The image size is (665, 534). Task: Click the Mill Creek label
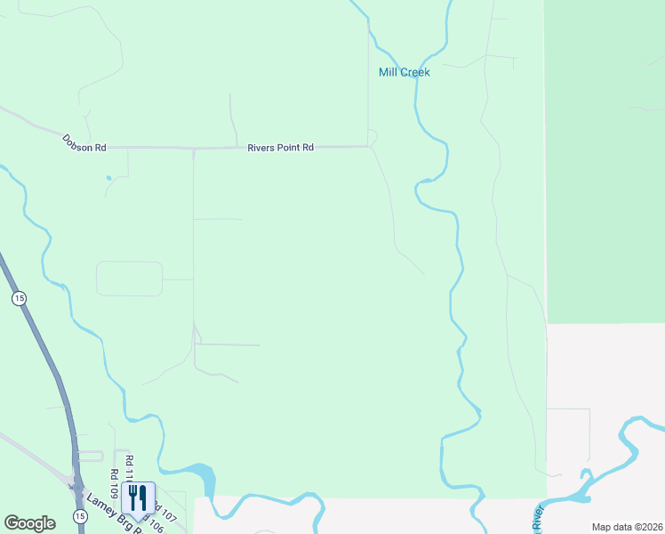point(404,72)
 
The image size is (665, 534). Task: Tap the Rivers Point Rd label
point(280,148)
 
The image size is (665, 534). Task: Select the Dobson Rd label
point(84,142)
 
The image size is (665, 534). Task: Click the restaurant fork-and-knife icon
point(137,497)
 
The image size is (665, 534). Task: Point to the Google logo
point(29,523)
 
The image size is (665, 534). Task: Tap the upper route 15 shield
point(19,298)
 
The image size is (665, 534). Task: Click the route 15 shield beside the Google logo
point(80,516)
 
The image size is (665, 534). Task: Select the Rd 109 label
point(114,484)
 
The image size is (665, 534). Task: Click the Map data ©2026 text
point(626,527)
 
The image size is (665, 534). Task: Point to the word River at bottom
point(538,520)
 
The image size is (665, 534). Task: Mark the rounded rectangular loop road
point(129,278)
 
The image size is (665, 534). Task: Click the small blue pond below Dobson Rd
point(108,178)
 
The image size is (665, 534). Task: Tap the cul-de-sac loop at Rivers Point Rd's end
point(373,137)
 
